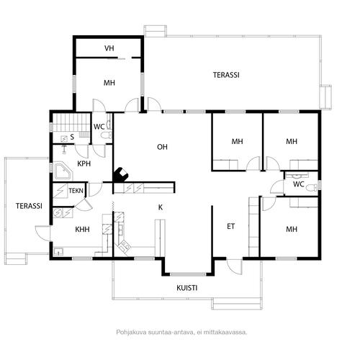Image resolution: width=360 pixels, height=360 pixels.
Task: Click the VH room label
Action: [109, 48]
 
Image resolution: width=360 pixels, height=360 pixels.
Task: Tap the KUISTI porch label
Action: [187, 288]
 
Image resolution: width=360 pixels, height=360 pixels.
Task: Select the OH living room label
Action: [162, 147]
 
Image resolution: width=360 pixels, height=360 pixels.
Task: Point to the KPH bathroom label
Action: [84, 163]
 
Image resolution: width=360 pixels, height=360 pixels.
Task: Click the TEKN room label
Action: [76, 191]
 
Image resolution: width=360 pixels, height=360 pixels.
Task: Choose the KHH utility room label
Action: [82, 230]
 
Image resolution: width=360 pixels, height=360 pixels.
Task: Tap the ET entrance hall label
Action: [231, 226]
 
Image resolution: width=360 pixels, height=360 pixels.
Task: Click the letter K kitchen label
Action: [161, 207]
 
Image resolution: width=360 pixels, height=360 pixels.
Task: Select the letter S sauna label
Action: [72, 137]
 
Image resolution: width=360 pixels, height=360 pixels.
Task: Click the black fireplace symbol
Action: [121, 175]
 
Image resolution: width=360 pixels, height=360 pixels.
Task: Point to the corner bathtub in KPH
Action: [63, 172]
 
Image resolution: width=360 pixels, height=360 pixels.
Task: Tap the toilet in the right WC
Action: [312, 187]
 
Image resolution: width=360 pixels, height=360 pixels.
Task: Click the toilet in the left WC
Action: [106, 135]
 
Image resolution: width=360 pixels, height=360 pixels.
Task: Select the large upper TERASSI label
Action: [226, 75]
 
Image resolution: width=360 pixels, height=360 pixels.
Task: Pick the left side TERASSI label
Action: [29, 206]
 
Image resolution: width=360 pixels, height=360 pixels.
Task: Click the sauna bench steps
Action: [84, 135]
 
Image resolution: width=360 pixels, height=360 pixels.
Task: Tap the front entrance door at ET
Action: [235, 266]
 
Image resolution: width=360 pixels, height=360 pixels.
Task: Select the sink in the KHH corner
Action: [58, 251]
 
